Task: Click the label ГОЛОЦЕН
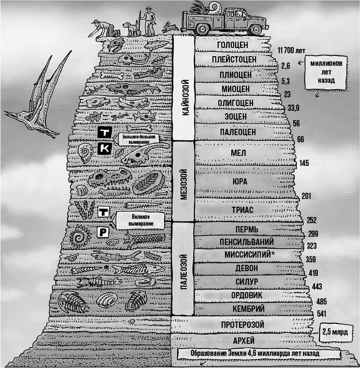click(x=233, y=45)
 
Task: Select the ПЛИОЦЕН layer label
click(x=235, y=75)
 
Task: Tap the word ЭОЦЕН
click(x=235, y=116)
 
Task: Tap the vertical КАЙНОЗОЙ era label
click(x=183, y=98)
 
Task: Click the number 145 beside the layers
click(x=304, y=163)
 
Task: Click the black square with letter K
click(x=105, y=149)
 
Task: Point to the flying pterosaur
click(x=36, y=99)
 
